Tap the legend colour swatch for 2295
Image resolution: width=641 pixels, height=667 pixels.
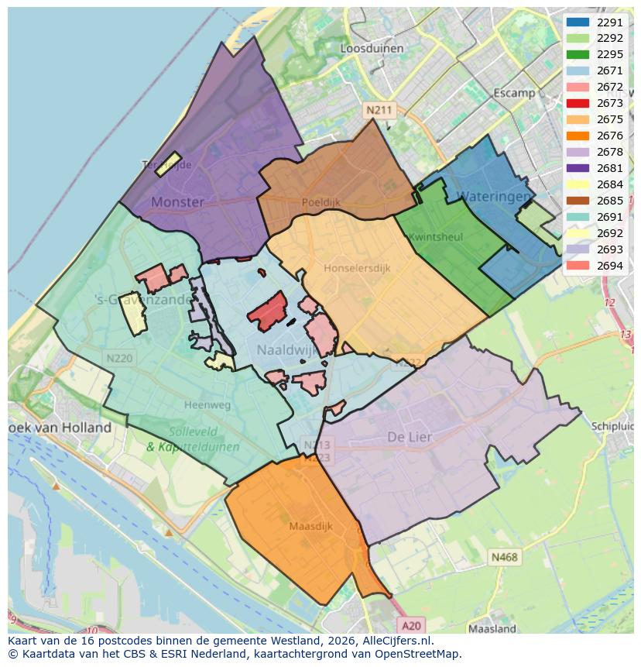coord(578,55)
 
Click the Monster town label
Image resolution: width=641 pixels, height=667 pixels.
coord(177,202)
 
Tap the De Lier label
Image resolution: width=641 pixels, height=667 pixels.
coord(410,438)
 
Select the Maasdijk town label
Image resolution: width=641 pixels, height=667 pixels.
coord(310,526)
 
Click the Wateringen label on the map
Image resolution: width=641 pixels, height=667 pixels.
coord(494,197)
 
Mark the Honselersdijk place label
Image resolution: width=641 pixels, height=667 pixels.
coord(357,268)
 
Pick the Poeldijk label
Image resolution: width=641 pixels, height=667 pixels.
coord(320,202)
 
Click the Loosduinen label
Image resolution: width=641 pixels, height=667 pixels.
coord(372,48)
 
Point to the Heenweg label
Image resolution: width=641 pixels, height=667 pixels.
coord(207,404)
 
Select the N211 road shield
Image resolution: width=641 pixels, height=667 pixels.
coord(379,110)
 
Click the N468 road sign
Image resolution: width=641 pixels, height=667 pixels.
coord(504,557)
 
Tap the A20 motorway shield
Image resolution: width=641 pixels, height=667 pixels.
coord(412,625)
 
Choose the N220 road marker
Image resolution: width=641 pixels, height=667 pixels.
coord(119,358)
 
